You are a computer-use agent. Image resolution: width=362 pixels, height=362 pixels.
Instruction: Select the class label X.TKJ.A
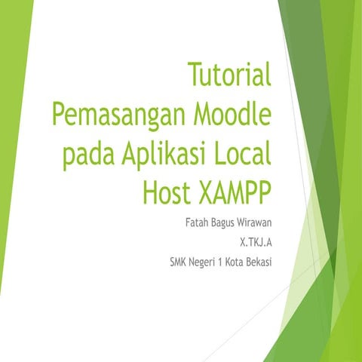click(x=255, y=243)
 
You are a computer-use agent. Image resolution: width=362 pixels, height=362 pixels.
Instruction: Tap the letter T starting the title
click(x=193, y=75)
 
